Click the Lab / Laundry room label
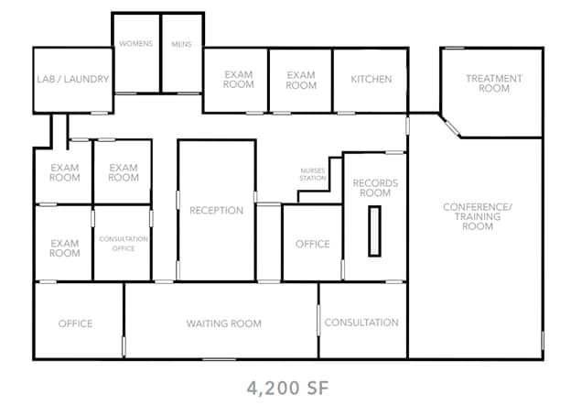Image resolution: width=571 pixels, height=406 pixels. (73, 80)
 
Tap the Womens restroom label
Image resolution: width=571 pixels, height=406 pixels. (135, 44)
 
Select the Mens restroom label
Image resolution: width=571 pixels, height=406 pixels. (181, 44)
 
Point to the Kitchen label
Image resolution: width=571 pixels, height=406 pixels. (371, 79)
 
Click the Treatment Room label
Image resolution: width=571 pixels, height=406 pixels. (493, 83)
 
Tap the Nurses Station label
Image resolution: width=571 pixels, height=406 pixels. (313, 174)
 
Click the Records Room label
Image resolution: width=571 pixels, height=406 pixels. (375, 189)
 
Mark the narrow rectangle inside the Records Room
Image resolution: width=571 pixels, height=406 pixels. (374, 232)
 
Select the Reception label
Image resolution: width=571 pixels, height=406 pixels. (216, 211)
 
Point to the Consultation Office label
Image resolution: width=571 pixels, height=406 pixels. (124, 244)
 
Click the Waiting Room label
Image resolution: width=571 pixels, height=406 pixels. (223, 324)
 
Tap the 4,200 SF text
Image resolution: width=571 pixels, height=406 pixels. (286, 388)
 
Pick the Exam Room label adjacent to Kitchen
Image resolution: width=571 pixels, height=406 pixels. (300, 80)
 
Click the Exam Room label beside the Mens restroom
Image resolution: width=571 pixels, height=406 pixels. (238, 80)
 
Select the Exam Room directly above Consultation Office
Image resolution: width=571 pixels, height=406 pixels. (124, 172)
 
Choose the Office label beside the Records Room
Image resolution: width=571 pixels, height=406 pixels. (312, 244)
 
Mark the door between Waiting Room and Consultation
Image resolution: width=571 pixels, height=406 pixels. (318, 320)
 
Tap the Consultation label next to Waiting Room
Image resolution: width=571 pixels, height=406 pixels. (361, 323)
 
